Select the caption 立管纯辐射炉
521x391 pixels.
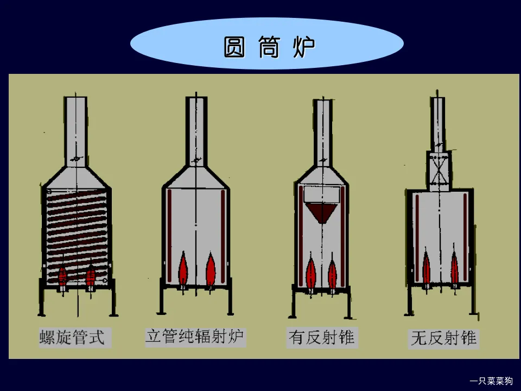click(194, 336)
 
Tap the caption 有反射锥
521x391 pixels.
click(321, 338)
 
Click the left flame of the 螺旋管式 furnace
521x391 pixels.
click(64, 276)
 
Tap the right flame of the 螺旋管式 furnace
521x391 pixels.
click(91, 276)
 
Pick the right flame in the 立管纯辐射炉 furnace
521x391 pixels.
click(211, 270)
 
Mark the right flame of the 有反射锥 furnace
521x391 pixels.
click(332, 274)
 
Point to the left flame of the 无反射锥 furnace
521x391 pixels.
click(427, 268)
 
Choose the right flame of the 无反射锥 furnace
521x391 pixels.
click(455, 268)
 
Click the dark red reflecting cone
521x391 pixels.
click(323, 212)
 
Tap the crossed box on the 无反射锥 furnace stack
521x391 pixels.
click(439, 170)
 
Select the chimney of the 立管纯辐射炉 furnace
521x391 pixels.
click(196, 130)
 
